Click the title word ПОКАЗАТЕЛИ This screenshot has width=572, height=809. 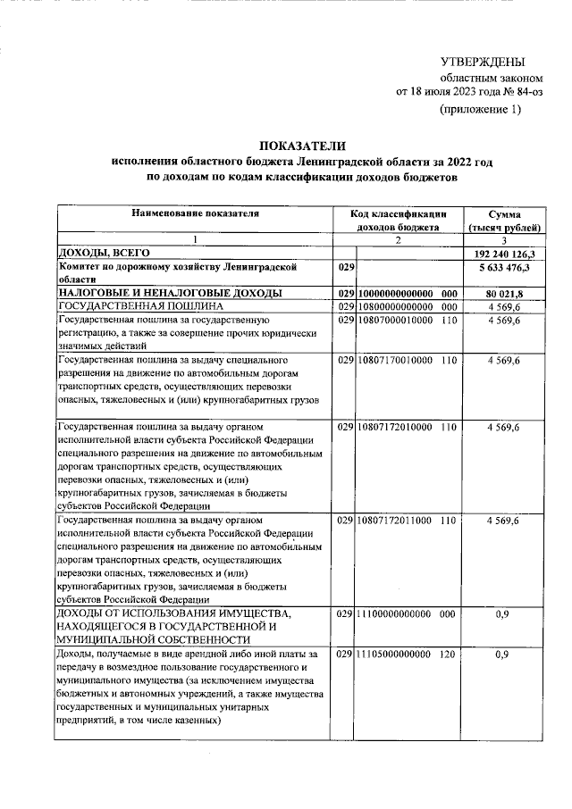click(x=301, y=146)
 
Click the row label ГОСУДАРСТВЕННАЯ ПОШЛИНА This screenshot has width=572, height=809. click(x=135, y=306)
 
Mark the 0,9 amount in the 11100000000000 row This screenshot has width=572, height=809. click(x=502, y=615)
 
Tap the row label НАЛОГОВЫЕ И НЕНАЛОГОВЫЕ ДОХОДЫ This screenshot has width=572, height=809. click(x=170, y=293)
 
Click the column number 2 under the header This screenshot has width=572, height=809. click(x=399, y=241)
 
